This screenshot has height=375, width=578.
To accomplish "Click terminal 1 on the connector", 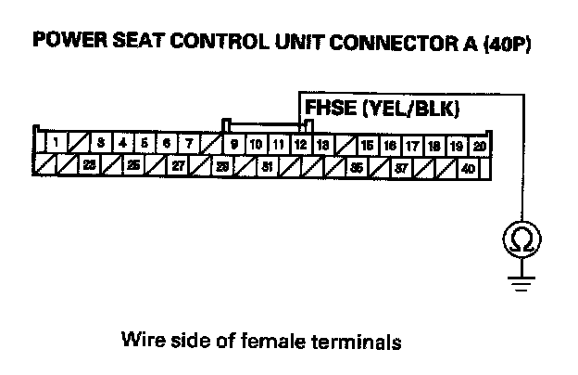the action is [57, 144].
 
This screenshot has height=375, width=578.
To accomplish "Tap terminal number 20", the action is [479, 145].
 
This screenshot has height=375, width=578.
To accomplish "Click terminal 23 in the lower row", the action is [89, 167].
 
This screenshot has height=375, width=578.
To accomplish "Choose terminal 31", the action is [267, 167].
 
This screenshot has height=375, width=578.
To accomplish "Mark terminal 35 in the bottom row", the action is [357, 167].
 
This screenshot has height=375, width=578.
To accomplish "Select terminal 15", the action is [367, 145].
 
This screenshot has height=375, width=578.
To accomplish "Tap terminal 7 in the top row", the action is [189, 144].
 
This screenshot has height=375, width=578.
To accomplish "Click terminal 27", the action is [178, 167].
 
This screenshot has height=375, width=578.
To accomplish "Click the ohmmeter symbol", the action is [519, 240].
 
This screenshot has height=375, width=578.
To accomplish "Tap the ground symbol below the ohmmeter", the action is [519, 282].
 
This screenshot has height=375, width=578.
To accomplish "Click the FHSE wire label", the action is [331, 110].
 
